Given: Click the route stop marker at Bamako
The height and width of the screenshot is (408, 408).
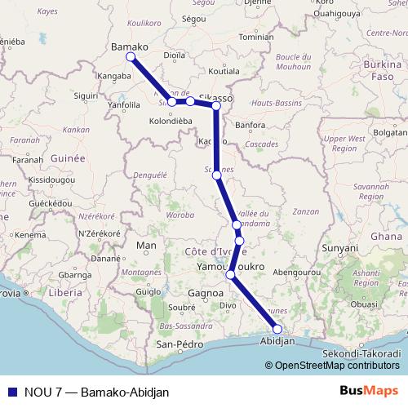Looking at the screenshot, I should point(131,57).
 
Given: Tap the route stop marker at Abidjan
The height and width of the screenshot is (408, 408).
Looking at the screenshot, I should point(277,329).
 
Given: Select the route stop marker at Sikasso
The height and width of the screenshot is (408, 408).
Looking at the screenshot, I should point(216,106).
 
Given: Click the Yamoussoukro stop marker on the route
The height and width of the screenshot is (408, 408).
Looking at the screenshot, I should point(231,274).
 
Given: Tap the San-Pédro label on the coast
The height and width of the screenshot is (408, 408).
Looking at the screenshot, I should point(179,345).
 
